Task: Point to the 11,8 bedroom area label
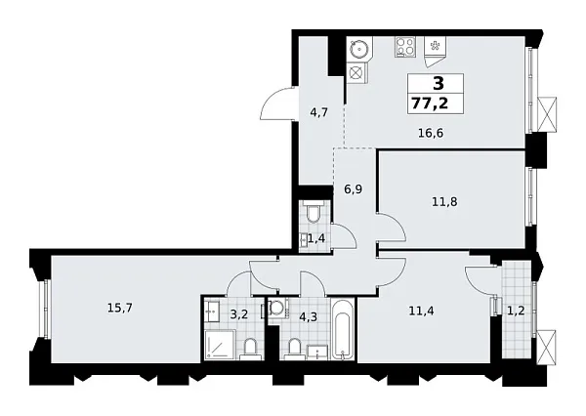[445, 203]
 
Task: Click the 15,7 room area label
[119, 307]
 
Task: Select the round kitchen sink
[357, 47]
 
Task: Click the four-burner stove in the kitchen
[402, 46]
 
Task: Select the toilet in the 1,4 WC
[313, 212]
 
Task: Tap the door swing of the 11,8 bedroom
[391, 230]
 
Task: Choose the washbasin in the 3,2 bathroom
[211, 312]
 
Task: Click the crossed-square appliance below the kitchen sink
[356, 73]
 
